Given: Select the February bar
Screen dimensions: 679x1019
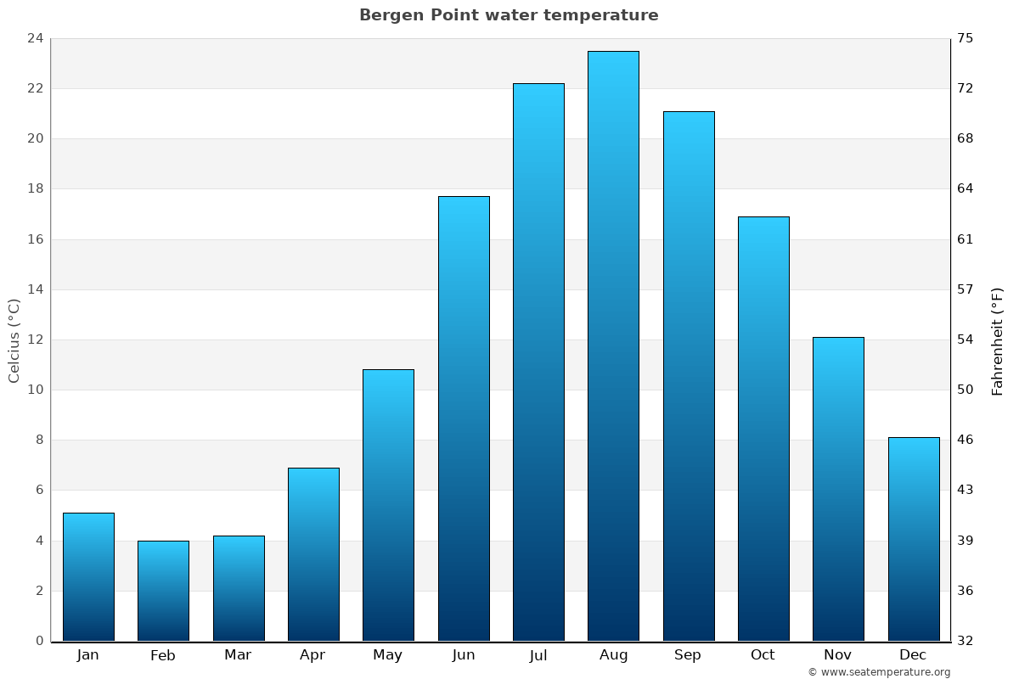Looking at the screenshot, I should pos(163,591).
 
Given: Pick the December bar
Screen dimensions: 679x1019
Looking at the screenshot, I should pos(914,539).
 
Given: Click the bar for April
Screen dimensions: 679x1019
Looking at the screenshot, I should pos(313,554).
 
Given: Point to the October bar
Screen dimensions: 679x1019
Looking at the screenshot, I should pos(763,429).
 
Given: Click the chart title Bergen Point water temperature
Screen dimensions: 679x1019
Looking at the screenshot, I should pos(509,15).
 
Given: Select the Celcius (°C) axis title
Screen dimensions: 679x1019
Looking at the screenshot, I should pos(14,339).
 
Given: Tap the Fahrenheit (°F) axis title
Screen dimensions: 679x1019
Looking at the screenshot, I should pos(997,341).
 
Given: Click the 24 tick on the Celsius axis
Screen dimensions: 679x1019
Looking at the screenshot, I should pos(35,38).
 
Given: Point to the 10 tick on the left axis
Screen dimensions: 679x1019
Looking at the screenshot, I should pos(35,390).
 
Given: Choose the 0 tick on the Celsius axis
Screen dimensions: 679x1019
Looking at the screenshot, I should pos(39,641).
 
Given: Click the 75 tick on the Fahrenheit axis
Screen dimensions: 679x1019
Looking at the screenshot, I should pos(966,38).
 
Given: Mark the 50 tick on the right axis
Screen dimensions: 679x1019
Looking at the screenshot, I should pos(966,390).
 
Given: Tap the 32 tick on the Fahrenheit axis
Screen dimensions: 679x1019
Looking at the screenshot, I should pos(966,641).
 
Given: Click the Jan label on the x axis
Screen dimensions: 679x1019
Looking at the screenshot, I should pos(88,655).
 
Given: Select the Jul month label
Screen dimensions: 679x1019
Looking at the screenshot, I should pos(538,655).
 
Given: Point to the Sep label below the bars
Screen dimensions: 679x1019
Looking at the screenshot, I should pos(688,655).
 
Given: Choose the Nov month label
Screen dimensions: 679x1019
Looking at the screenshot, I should pos(838,655).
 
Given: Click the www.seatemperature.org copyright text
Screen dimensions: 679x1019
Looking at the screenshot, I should pos(879,672).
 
